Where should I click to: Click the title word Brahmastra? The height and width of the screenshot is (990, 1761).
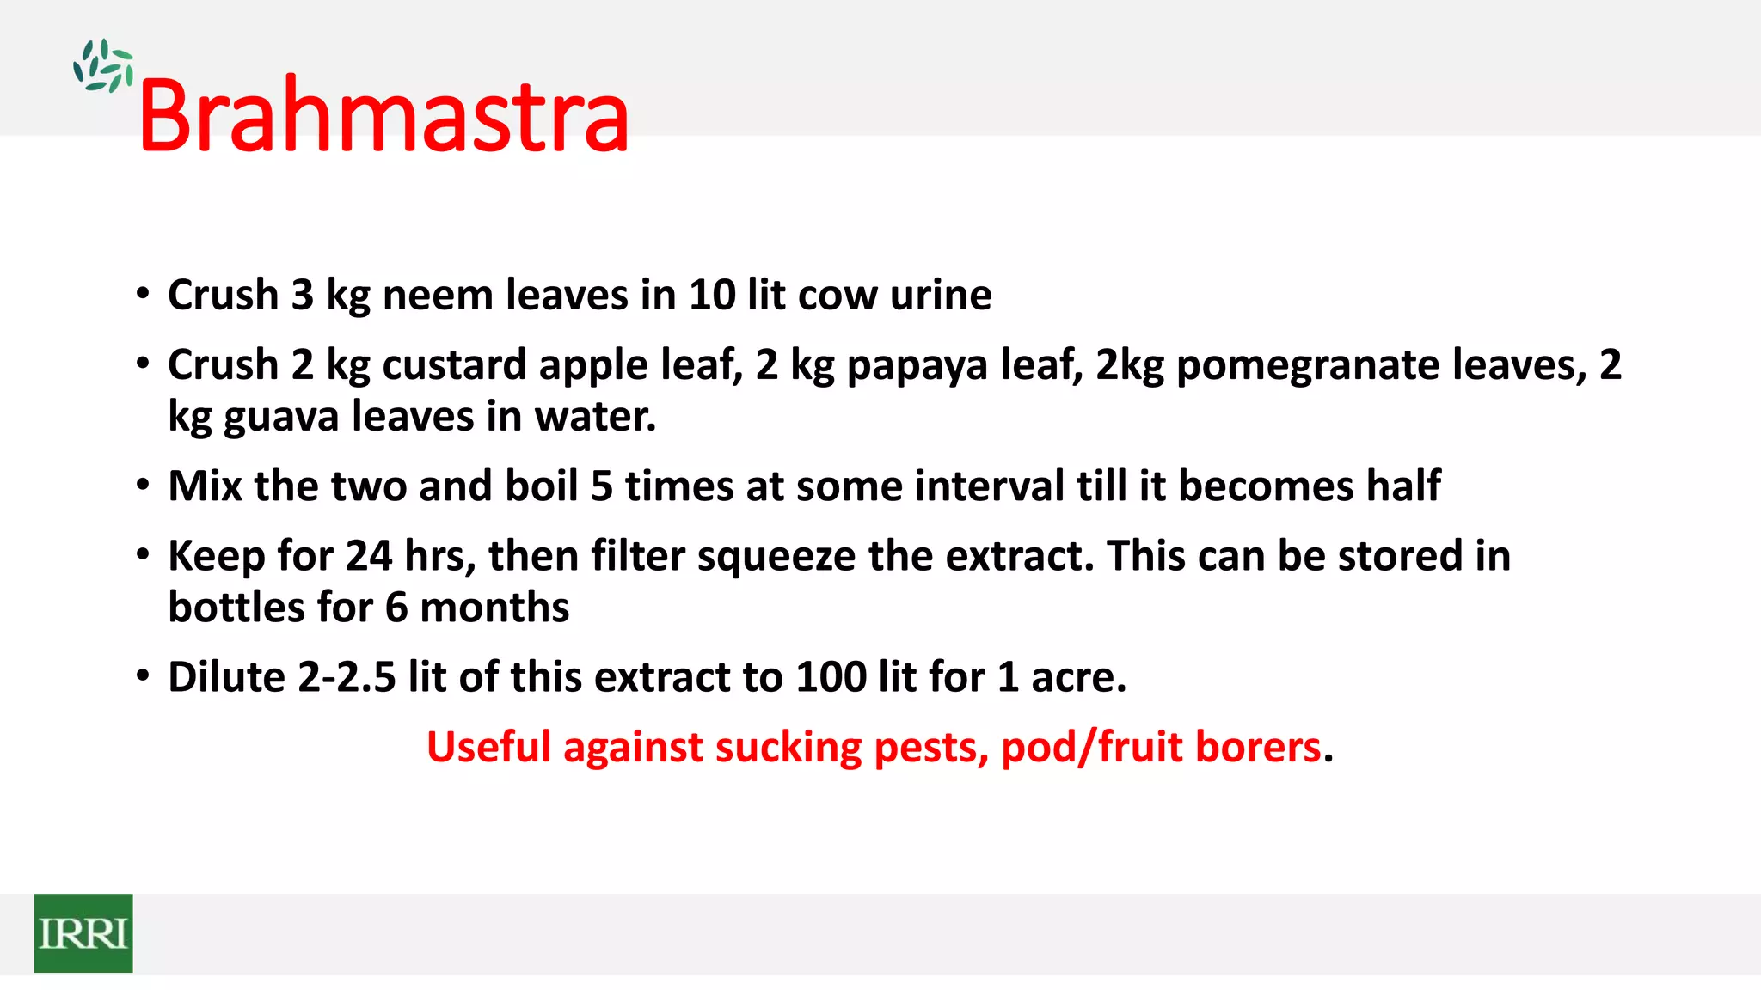(383, 116)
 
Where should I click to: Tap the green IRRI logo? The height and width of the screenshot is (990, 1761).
(83, 933)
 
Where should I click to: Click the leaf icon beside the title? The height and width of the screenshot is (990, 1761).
(103, 66)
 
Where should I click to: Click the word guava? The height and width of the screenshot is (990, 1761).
(281, 418)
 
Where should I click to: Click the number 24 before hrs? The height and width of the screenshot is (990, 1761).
(369, 555)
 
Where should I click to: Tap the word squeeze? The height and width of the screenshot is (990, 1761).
(776, 557)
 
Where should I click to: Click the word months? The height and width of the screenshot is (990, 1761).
(494, 607)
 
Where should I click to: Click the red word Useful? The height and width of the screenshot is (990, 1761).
(488, 746)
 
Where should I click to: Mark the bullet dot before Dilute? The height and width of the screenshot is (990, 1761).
(143, 675)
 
